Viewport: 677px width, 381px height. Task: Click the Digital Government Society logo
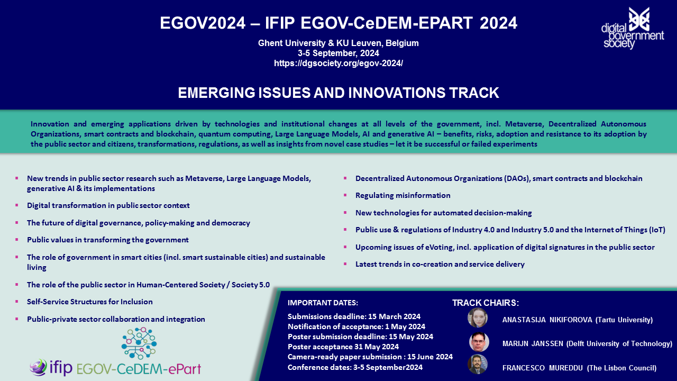[x=633, y=28]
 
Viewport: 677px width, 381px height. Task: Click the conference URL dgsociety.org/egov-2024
[x=338, y=63]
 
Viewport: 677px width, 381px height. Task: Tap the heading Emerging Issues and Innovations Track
[x=338, y=93]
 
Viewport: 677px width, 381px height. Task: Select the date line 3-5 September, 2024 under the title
[x=338, y=53]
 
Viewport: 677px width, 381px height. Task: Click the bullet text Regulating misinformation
[x=402, y=195]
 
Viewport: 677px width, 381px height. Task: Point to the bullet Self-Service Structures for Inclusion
[x=89, y=302]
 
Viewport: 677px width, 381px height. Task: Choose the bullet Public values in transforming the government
[x=107, y=240]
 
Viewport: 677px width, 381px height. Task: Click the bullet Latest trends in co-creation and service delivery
[x=440, y=264]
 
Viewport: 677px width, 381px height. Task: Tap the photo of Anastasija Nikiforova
[x=478, y=318]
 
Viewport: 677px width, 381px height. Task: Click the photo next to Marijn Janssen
[x=479, y=342]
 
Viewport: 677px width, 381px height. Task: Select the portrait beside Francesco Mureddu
[x=478, y=365]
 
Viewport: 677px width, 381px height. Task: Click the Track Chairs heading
[x=486, y=303]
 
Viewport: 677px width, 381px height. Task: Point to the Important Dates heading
[x=323, y=303]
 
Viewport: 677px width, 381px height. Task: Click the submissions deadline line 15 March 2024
[x=354, y=316]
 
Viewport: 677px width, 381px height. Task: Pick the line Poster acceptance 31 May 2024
[x=343, y=347]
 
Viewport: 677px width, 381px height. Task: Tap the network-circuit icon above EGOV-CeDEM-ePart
[x=139, y=343]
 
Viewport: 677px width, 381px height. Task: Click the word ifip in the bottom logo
[x=60, y=367]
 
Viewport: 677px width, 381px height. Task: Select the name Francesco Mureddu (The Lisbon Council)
[x=579, y=368]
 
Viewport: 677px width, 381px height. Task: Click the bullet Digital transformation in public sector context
[x=108, y=206]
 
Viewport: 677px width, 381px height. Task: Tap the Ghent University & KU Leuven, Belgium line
[x=338, y=43]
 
